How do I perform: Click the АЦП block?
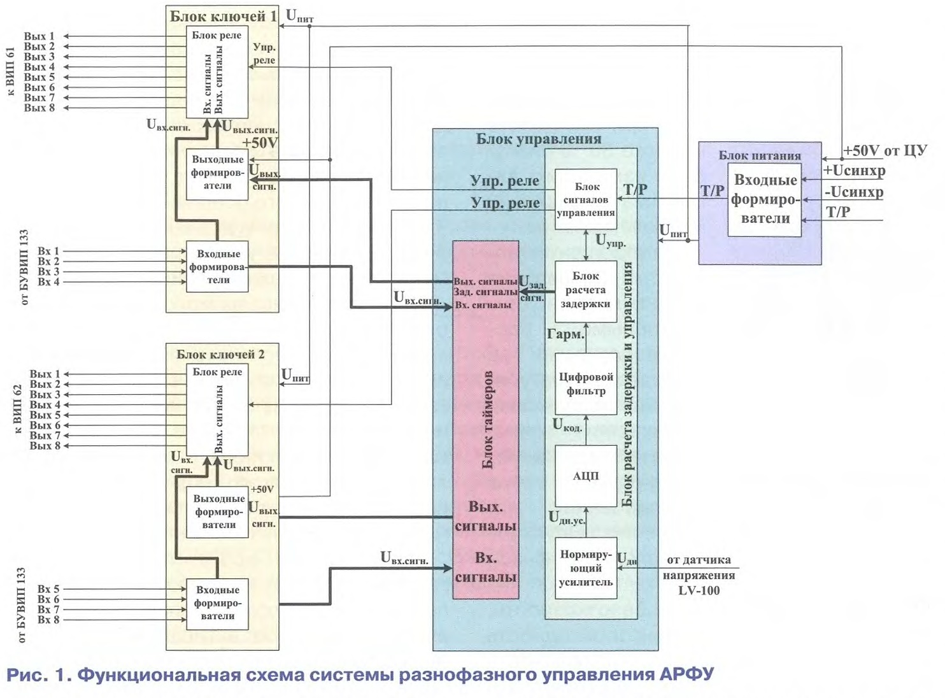point(586,476)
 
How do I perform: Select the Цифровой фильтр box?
point(586,384)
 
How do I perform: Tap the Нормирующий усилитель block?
point(586,568)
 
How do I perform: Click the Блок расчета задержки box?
point(586,290)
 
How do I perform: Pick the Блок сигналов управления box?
point(586,199)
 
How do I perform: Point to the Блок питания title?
point(760,155)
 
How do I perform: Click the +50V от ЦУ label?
point(885,151)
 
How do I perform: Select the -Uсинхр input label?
point(854,192)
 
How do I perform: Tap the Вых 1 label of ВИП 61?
point(39,36)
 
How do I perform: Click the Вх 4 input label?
point(48,281)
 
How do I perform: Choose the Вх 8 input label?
point(48,620)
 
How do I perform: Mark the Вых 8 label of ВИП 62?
point(45,446)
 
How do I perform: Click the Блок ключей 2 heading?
point(220,354)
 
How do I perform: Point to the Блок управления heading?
point(539,139)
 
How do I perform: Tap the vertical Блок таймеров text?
point(488,420)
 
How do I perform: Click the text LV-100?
point(699,590)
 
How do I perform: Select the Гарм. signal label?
point(565,334)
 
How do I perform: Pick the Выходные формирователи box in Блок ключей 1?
point(217,173)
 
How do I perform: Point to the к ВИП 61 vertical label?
point(10,71)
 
